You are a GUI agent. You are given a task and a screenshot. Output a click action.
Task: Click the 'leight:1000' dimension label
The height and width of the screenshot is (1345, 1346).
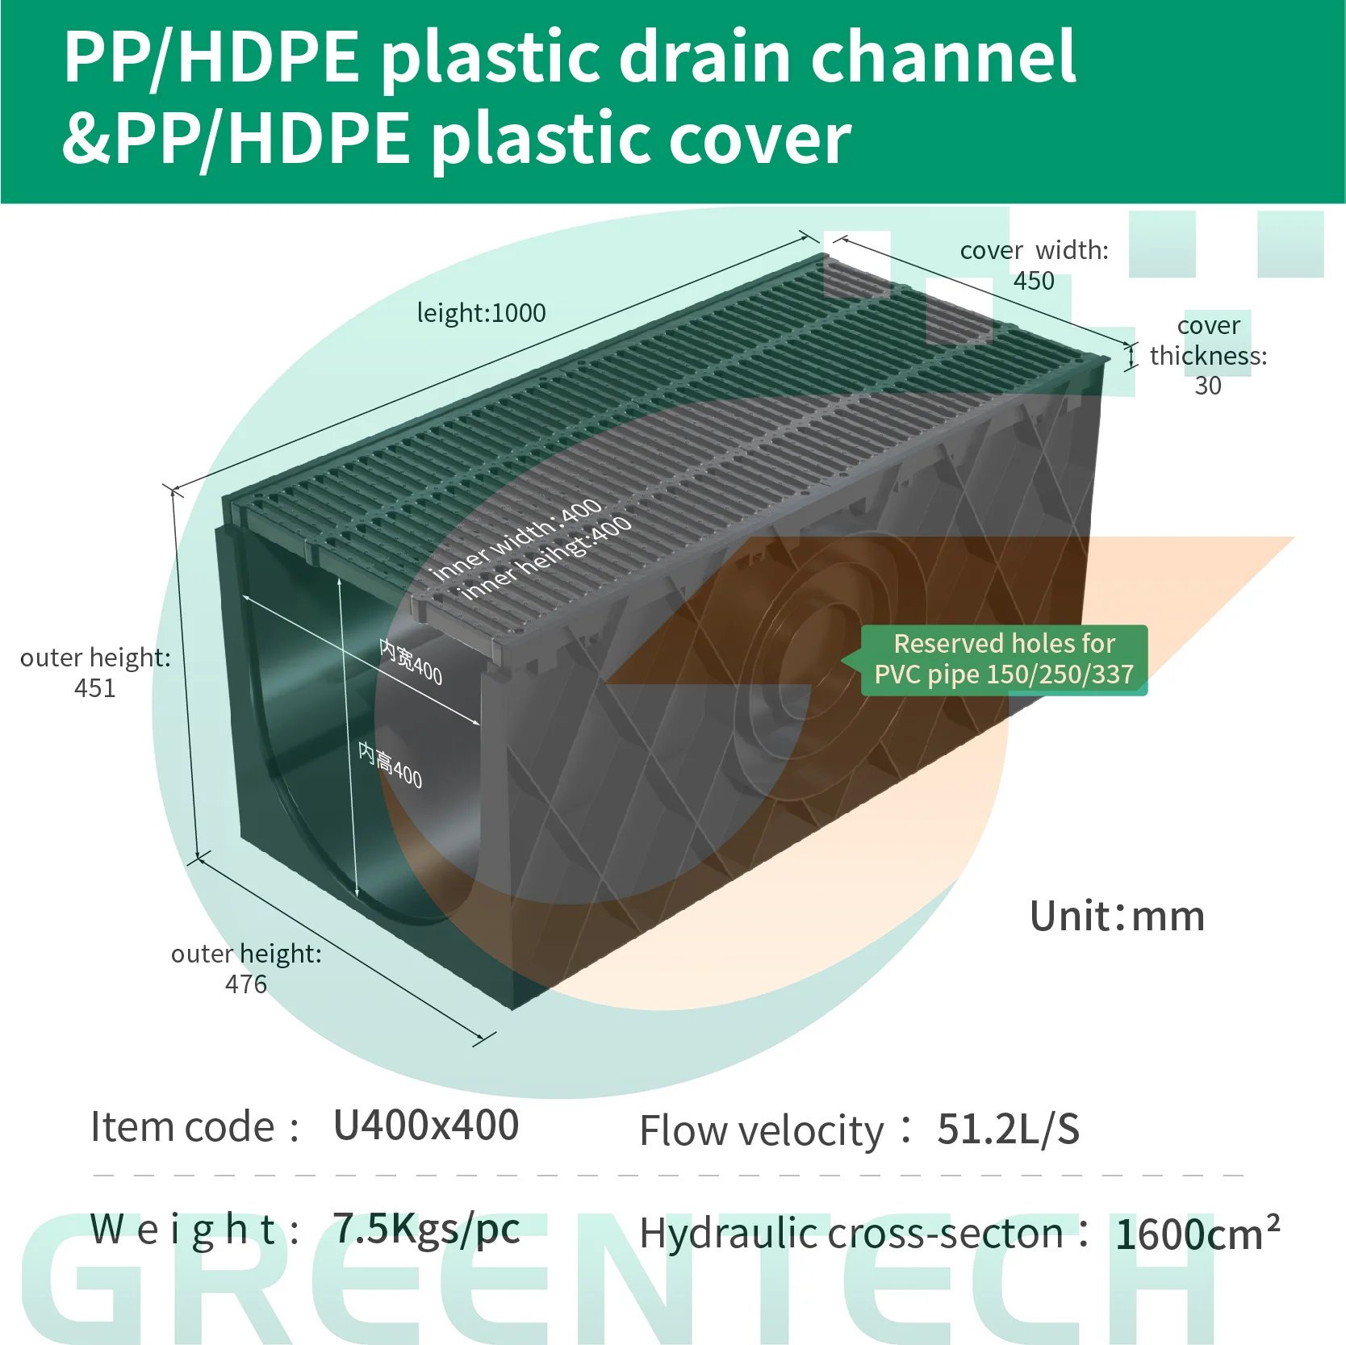pos(481,313)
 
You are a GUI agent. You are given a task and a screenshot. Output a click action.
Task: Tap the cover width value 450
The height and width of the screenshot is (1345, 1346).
pos(1034,281)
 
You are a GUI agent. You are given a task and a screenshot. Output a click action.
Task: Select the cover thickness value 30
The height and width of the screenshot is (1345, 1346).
pos(1207,386)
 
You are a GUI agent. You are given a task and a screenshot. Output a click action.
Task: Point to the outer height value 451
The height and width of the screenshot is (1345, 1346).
pos(94,688)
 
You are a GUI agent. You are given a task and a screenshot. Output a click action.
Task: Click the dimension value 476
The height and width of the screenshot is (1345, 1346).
pos(245,984)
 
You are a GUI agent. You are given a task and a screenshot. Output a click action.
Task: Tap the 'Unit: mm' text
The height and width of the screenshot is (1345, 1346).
pos(1117,917)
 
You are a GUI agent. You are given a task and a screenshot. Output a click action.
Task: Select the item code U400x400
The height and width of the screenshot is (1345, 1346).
pos(425,1126)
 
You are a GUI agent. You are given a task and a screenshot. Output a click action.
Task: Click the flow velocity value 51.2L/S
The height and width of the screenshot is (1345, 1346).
pos(1008,1130)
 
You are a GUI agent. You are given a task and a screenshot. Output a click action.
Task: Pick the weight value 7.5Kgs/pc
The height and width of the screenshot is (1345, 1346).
pos(426,1229)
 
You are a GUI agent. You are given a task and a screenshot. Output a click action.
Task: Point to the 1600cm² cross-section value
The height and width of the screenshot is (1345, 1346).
pos(1197,1234)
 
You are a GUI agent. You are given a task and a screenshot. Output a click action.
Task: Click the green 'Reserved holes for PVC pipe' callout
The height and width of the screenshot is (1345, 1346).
pos(1003,659)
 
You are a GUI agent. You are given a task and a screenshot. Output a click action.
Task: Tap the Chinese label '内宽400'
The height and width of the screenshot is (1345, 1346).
pos(411,662)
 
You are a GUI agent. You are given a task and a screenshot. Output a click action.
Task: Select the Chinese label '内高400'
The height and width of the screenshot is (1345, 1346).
pos(391,766)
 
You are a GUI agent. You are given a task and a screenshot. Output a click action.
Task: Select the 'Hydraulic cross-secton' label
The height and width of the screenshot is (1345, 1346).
pos(851,1234)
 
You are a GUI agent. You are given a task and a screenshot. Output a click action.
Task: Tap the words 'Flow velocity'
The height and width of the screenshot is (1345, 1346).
pos(761,1131)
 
